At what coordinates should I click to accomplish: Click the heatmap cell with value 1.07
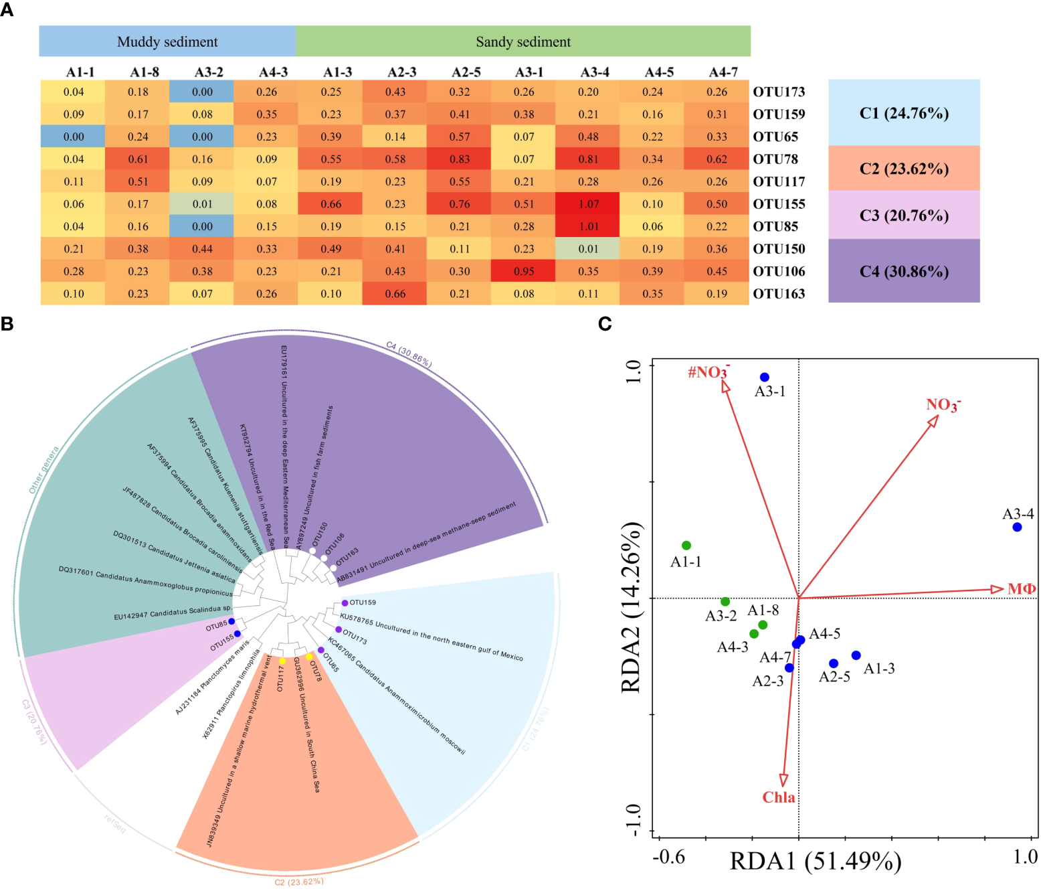pyautogui.click(x=589, y=204)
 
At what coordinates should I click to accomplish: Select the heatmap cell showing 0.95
pyautogui.click(x=524, y=271)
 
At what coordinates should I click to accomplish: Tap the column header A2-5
pyautogui.click(x=466, y=72)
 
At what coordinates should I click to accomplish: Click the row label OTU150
pyautogui.click(x=779, y=249)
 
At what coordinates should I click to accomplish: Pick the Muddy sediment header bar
pyautogui.click(x=167, y=42)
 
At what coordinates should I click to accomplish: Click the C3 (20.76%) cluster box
pyautogui.click(x=903, y=216)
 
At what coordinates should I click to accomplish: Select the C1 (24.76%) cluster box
pyautogui.click(x=903, y=113)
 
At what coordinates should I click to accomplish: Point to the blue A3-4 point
pyautogui.click(x=1017, y=527)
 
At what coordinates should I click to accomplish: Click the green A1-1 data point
pyautogui.click(x=686, y=546)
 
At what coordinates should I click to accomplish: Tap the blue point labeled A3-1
pyautogui.click(x=765, y=378)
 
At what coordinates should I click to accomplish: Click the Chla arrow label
pyautogui.click(x=779, y=797)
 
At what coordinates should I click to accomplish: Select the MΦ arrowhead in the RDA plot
pyautogui.click(x=997, y=589)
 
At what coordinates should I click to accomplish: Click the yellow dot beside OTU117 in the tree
pyautogui.click(x=282, y=661)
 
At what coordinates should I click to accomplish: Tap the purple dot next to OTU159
pyautogui.click(x=345, y=603)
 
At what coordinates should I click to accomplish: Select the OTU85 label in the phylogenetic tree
pyautogui.click(x=216, y=626)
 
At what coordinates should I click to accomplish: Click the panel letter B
pyautogui.click(x=7, y=324)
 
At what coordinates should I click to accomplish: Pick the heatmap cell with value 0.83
pyautogui.click(x=460, y=159)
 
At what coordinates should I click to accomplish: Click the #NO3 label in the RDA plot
pyautogui.click(x=708, y=372)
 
